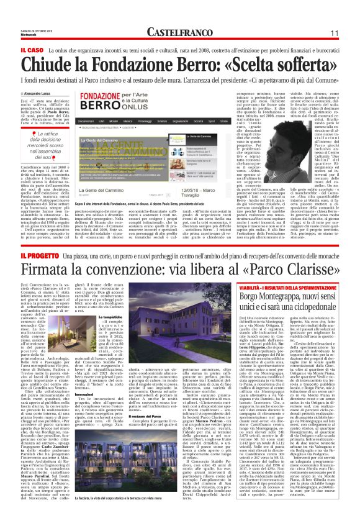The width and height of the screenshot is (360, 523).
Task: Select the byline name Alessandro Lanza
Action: tap(50, 93)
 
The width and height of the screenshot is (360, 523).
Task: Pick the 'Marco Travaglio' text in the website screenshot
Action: tap(205, 175)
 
